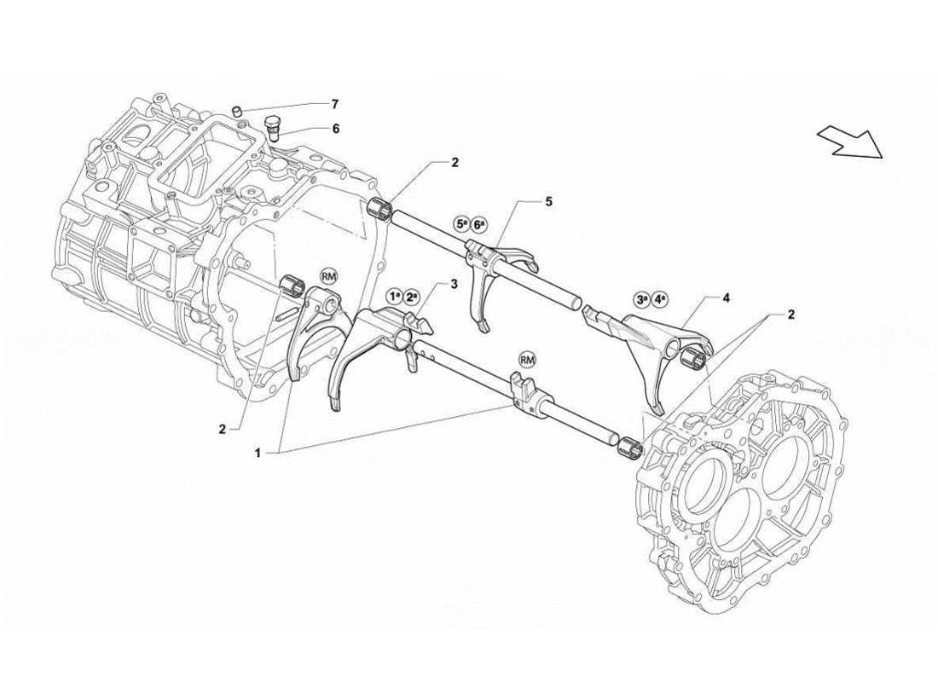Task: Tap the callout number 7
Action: click(x=334, y=104)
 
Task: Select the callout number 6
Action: click(x=335, y=129)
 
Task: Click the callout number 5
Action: click(x=549, y=202)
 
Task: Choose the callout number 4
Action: click(x=726, y=298)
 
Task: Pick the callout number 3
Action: click(x=455, y=283)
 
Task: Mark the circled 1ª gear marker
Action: click(x=394, y=296)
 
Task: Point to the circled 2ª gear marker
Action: click(x=413, y=296)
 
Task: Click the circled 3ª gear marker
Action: click(x=641, y=299)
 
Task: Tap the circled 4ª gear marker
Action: click(x=661, y=299)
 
